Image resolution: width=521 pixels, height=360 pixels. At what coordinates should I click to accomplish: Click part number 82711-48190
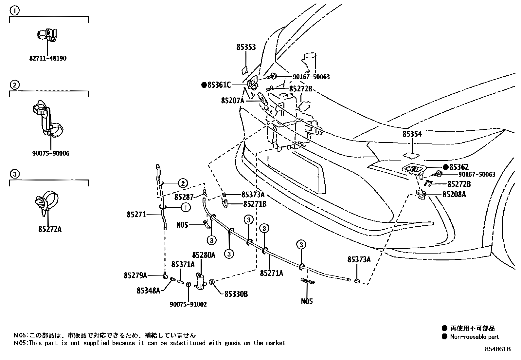tap(48, 59)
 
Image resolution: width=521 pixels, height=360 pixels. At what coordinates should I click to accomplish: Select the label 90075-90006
tap(51, 153)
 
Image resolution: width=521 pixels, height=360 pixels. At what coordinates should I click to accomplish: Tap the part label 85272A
tap(50, 229)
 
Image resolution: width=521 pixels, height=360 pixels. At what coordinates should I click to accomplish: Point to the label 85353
tap(246, 47)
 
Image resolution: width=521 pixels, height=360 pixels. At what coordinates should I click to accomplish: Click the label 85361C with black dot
tap(216, 85)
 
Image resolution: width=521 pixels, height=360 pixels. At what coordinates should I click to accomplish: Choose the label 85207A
tap(232, 101)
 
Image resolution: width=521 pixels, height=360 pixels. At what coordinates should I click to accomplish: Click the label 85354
tap(412, 134)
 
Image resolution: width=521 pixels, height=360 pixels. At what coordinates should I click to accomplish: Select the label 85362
tap(456, 167)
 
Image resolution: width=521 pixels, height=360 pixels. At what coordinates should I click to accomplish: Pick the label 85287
tap(184, 197)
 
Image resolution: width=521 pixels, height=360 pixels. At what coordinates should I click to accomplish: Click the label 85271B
tap(255, 204)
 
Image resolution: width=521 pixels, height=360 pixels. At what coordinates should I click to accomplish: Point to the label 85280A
tap(204, 255)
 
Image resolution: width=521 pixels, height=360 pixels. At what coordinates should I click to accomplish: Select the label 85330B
tap(236, 294)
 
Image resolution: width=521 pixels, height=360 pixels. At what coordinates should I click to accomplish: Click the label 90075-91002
tap(188, 304)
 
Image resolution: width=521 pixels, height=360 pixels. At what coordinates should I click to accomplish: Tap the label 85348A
tap(148, 290)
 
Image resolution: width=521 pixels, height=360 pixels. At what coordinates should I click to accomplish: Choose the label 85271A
tap(272, 273)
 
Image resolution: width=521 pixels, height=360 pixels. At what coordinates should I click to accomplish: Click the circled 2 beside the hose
tap(183, 183)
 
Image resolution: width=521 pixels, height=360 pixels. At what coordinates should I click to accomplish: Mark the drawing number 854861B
tap(498, 349)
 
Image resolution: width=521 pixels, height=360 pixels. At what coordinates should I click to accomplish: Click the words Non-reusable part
tap(474, 337)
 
